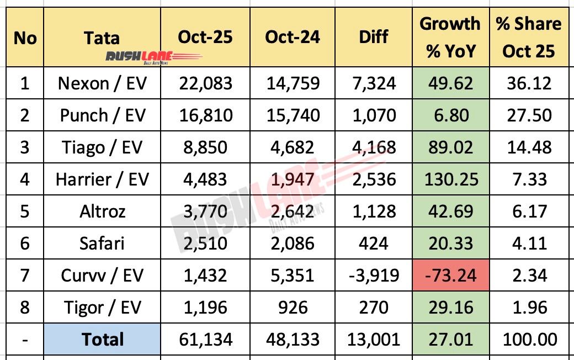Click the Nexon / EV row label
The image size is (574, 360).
click(102, 83)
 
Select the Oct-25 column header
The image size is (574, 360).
click(205, 37)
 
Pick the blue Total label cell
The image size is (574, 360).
click(102, 339)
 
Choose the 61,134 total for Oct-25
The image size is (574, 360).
click(205, 339)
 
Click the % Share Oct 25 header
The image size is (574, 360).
click(528, 37)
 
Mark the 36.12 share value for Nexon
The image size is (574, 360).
click(528, 83)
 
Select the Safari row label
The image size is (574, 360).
click(102, 243)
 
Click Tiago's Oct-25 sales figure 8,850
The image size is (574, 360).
click(205, 147)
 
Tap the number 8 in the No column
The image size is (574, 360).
click(24, 307)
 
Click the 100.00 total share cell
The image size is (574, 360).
click(528, 339)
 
